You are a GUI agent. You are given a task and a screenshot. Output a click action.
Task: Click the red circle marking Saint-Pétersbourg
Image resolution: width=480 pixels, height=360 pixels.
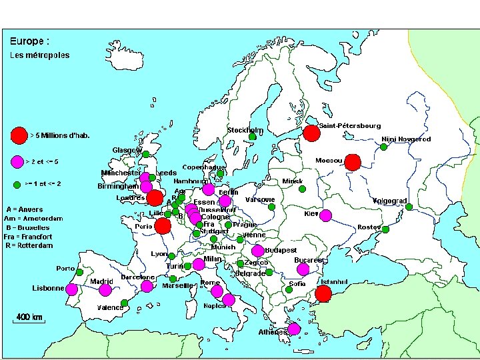coord(311,133)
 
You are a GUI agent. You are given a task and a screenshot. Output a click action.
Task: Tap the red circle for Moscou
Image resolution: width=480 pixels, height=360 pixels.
coord(353,162)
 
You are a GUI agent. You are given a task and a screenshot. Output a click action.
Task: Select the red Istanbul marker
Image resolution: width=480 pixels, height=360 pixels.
coord(324,293)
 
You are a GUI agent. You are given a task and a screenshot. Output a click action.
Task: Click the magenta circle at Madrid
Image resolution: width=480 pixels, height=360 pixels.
coord(105,289)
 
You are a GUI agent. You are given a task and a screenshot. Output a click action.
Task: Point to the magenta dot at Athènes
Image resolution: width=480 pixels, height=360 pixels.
coord(293,329)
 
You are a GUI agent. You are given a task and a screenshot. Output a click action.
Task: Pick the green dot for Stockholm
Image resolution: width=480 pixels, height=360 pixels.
coord(253,137)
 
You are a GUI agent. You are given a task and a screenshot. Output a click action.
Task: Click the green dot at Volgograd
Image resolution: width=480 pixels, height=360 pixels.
coord(409,207)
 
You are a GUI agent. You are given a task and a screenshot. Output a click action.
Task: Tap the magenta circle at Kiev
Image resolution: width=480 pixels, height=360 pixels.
coord(325,215)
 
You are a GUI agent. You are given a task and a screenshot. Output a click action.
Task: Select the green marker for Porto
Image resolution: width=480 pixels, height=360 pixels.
coord(79,272)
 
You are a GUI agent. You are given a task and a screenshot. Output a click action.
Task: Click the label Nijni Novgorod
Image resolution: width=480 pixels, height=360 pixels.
coord(405,139)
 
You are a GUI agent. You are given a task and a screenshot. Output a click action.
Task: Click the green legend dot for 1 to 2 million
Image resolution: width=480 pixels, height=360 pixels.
coord(17,183)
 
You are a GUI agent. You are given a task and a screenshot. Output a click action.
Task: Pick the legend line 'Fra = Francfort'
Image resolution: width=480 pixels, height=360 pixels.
coord(28,237)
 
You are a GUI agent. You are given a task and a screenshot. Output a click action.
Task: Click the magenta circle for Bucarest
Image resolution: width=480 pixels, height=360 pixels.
coord(303,269)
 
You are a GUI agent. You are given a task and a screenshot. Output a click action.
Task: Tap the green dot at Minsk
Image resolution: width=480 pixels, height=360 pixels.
coord(302,189)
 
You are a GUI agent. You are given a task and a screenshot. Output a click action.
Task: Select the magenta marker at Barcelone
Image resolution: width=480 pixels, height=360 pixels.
coord(147,287)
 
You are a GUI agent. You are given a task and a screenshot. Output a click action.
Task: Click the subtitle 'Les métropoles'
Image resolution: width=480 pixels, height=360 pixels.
coord(39,55)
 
